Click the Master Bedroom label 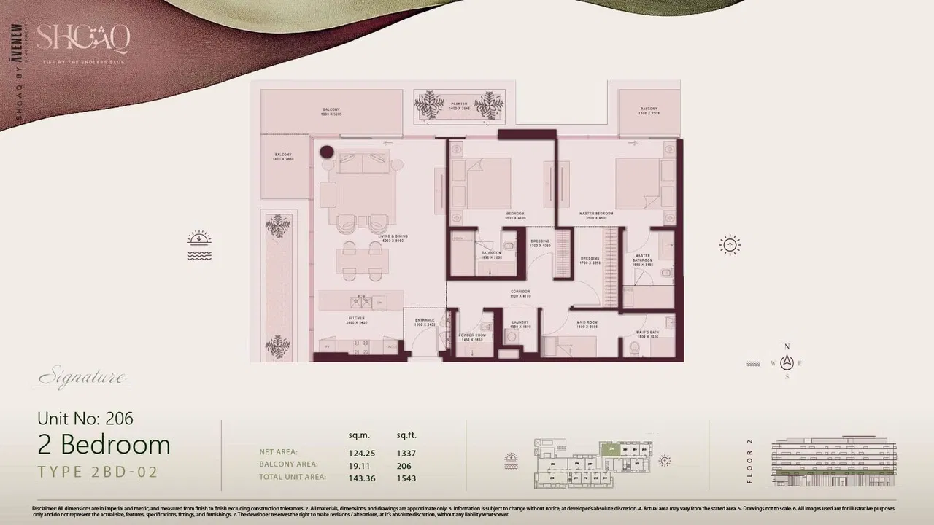(x=593, y=214)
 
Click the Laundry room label (x=520, y=324)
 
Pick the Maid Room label (x=587, y=324)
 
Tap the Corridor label (x=520, y=293)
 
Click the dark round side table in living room (x=327, y=152)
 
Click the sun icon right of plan (x=730, y=245)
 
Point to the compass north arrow (x=787, y=362)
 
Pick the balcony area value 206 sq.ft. (x=404, y=465)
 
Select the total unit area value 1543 (x=406, y=478)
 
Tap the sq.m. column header (x=359, y=435)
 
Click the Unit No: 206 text (x=85, y=419)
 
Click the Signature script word (x=82, y=378)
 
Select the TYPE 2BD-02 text (x=98, y=472)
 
